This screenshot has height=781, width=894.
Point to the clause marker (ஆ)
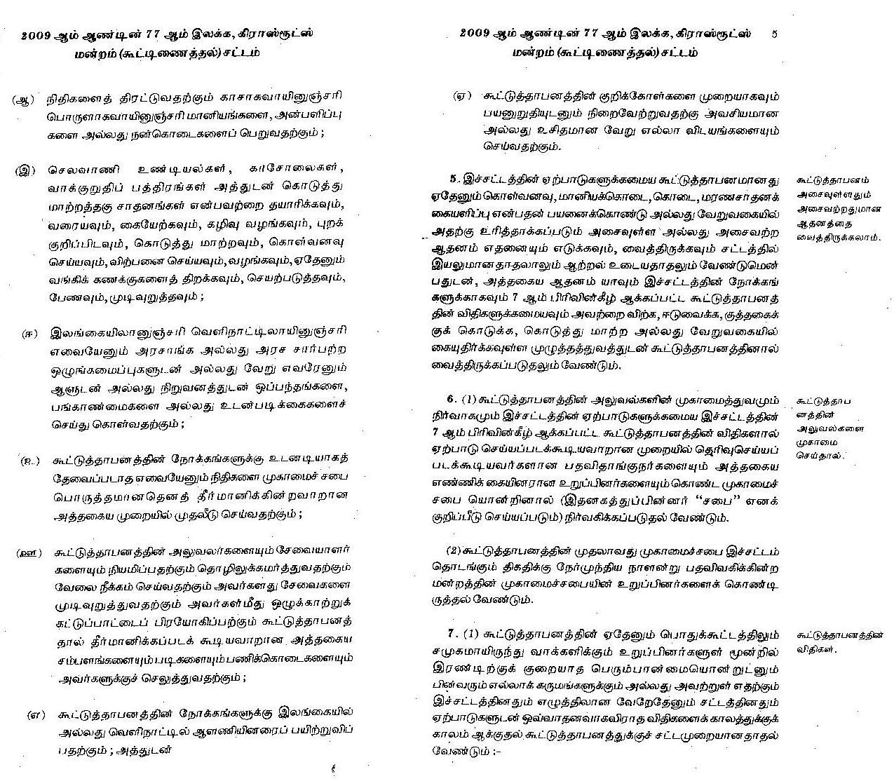(23, 99)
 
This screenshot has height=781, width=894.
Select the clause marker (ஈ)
(29, 334)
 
